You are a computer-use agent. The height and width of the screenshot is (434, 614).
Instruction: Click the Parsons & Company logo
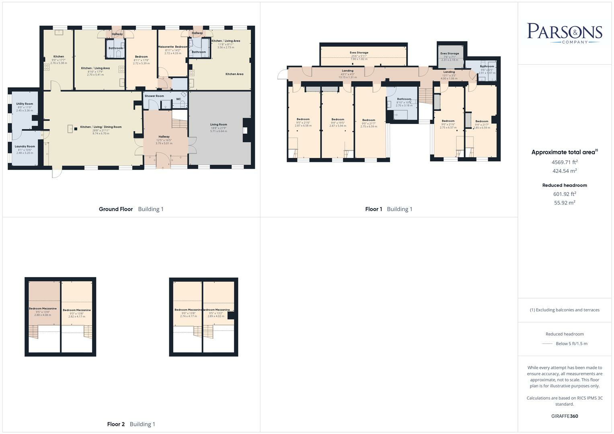click(x=564, y=33)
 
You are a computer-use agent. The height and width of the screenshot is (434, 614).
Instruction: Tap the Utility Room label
click(x=25, y=104)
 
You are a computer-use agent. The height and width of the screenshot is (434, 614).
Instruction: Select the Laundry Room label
click(x=25, y=146)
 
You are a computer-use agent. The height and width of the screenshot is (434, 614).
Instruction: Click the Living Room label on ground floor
click(x=218, y=125)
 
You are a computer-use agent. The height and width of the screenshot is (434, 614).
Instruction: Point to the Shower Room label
click(x=154, y=96)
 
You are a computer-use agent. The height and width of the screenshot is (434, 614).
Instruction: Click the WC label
click(x=179, y=99)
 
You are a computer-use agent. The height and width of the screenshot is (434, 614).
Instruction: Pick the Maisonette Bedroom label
click(x=172, y=47)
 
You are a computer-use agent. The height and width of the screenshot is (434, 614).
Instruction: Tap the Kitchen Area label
click(x=234, y=74)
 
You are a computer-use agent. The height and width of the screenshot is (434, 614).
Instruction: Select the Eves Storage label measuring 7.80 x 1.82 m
click(x=359, y=53)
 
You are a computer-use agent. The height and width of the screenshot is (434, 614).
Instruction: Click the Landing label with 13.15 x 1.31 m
click(x=347, y=71)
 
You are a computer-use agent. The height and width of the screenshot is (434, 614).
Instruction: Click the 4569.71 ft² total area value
click(x=565, y=162)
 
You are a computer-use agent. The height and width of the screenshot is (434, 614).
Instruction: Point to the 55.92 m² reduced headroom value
click(x=565, y=203)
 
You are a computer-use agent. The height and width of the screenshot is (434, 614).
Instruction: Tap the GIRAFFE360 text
click(x=565, y=416)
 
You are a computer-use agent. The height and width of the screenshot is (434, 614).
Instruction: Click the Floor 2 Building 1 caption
click(x=131, y=424)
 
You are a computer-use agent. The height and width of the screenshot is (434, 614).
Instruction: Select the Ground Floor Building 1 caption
click(x=131, y=209)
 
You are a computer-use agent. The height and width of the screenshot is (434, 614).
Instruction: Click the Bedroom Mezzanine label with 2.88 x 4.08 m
click(x=43, y=309)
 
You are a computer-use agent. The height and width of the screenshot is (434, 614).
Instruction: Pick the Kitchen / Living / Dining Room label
click(x=101, y=127)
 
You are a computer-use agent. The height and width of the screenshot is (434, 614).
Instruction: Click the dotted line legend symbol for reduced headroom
click(x=547, y=344)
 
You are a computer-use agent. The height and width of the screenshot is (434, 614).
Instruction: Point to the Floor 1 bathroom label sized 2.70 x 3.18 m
click(x=404, y=99)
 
